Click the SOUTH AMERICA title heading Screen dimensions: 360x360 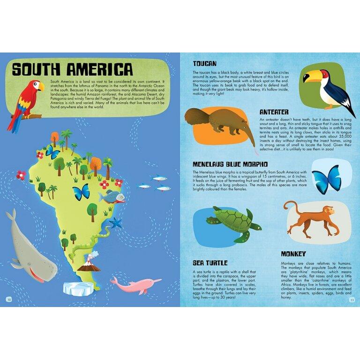click(72, 69)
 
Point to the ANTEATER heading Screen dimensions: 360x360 click(277, 112)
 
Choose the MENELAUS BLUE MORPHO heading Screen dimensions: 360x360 click(230, 165)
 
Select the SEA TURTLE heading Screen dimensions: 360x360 click(210, 262)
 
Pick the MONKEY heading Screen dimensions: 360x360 click(293, 254)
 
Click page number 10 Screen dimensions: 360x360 click(8, 300)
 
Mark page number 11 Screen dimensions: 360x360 click(351, 300)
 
